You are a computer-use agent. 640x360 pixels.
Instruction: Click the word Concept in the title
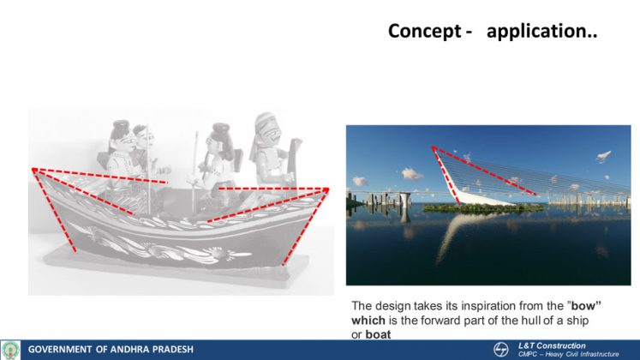point(425,31)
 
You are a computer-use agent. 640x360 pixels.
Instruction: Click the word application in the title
point(537,32)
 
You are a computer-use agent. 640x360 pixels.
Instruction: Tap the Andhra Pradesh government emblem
point(10,350)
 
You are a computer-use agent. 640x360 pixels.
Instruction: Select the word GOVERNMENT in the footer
point(60,350)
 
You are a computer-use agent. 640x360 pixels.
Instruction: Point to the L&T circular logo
point(500,350)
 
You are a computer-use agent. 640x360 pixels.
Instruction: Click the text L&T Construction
point(552,345)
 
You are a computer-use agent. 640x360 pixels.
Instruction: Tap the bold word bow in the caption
point(583,306)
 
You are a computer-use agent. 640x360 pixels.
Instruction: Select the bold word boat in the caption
point(378,334)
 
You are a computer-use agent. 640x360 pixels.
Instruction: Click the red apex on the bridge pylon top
point(434,147)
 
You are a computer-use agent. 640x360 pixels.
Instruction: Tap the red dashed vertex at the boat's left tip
point(34,170)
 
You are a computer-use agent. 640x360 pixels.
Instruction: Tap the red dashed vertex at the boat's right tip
point(326,189)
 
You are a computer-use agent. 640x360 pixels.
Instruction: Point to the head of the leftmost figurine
point(122,135)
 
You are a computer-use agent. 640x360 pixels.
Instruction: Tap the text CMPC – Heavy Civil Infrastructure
point(568,354)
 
